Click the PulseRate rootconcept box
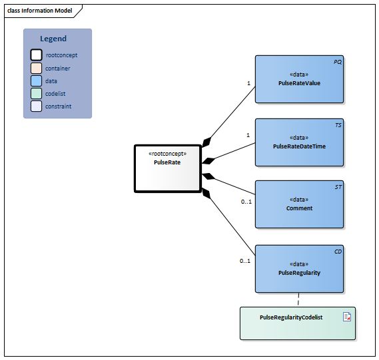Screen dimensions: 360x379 [167, 168]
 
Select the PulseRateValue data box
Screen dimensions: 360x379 [299, 79]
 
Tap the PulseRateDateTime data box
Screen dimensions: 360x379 [299, 142]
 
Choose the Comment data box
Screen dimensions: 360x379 [299, 204]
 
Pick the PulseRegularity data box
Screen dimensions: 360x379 [299, 268]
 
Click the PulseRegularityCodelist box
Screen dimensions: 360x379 [297, 323]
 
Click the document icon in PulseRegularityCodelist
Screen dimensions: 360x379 [347, 317]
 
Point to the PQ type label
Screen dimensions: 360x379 [337, 61]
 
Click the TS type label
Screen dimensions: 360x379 [338, 124]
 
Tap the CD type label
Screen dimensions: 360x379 [337, 252]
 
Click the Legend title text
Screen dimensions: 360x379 [53, 39]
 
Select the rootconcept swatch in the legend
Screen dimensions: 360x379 [36, 55]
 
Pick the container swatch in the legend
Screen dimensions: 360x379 [36, 68]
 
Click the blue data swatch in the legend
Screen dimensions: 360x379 [36, 81]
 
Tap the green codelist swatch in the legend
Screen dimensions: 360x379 [36, 93]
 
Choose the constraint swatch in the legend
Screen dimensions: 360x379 [36, 106]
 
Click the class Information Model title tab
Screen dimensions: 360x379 [39, 11]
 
